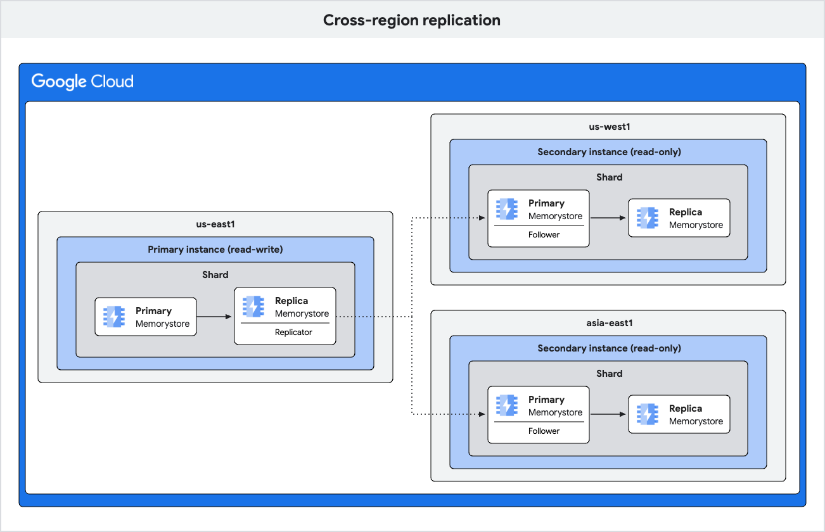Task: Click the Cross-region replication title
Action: point(412,20)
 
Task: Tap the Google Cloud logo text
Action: point(82,82)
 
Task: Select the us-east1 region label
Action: point(215,224)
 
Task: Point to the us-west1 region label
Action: point(609,127)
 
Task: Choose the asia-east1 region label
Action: point(609,323)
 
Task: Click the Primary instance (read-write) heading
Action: point(215,250)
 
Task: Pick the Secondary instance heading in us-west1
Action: point(609,152)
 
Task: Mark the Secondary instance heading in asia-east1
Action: point(609,348)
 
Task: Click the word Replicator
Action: point(293,332)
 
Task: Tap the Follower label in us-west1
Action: point(544,234)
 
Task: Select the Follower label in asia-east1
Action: point(544,431)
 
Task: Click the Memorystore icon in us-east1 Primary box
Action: point(115,317)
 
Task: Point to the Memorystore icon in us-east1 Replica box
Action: point(253,307)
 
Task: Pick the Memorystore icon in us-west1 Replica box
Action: point(648,218)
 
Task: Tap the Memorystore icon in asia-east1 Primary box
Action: point(507,405)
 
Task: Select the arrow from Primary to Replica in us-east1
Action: point(215,317)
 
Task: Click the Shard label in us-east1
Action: point(215,275)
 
